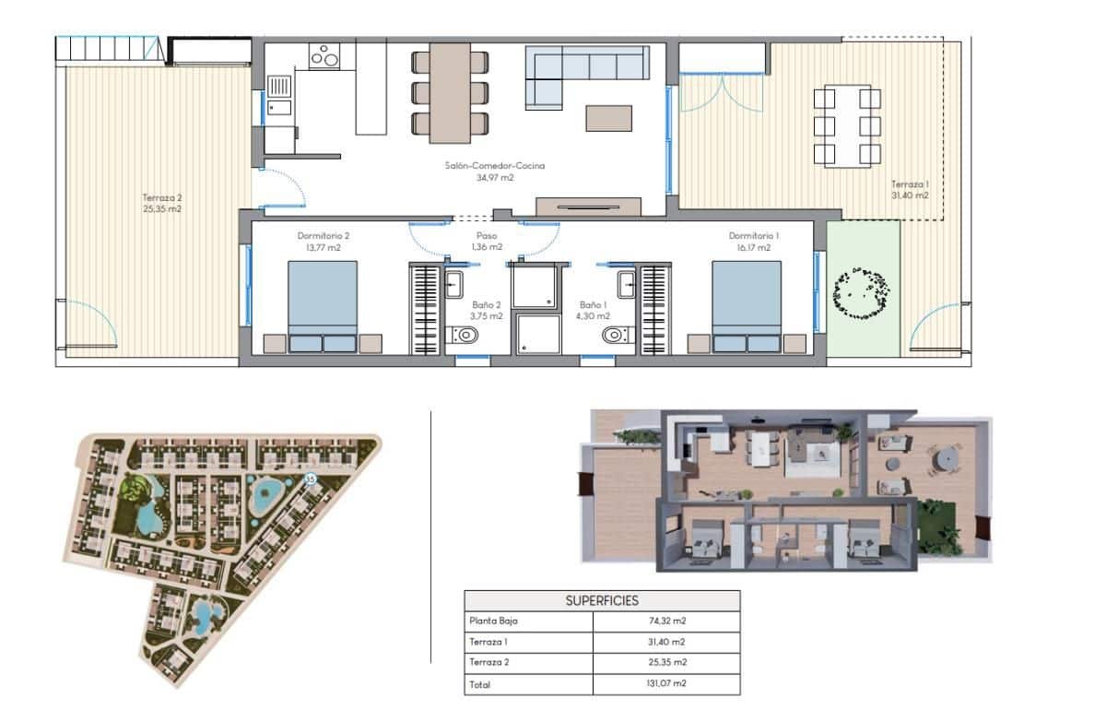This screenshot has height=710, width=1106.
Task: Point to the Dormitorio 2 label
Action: pos(323,235)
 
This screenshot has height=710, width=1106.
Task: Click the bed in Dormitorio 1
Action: pos(747,304)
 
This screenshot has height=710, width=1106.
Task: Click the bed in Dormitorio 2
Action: pos(323,304)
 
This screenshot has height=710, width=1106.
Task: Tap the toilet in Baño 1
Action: pos(614,336)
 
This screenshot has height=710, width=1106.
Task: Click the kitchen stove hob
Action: pos(324,57)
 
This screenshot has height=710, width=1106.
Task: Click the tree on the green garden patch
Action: pos(862,291)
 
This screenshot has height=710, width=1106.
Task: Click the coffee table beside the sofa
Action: pos(608,118)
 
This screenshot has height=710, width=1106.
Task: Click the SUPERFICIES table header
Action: pos(601,600)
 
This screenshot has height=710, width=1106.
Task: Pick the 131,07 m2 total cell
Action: pos(666,684)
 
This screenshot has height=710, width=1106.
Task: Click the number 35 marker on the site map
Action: pos(311,479)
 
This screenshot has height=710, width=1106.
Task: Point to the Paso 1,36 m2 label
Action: pos(487,241)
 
